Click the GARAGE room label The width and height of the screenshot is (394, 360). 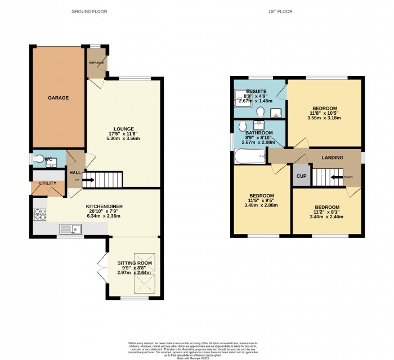point(58,98)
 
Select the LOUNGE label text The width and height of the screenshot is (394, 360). point(124,129)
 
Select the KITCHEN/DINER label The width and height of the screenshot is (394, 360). point(105,206)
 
